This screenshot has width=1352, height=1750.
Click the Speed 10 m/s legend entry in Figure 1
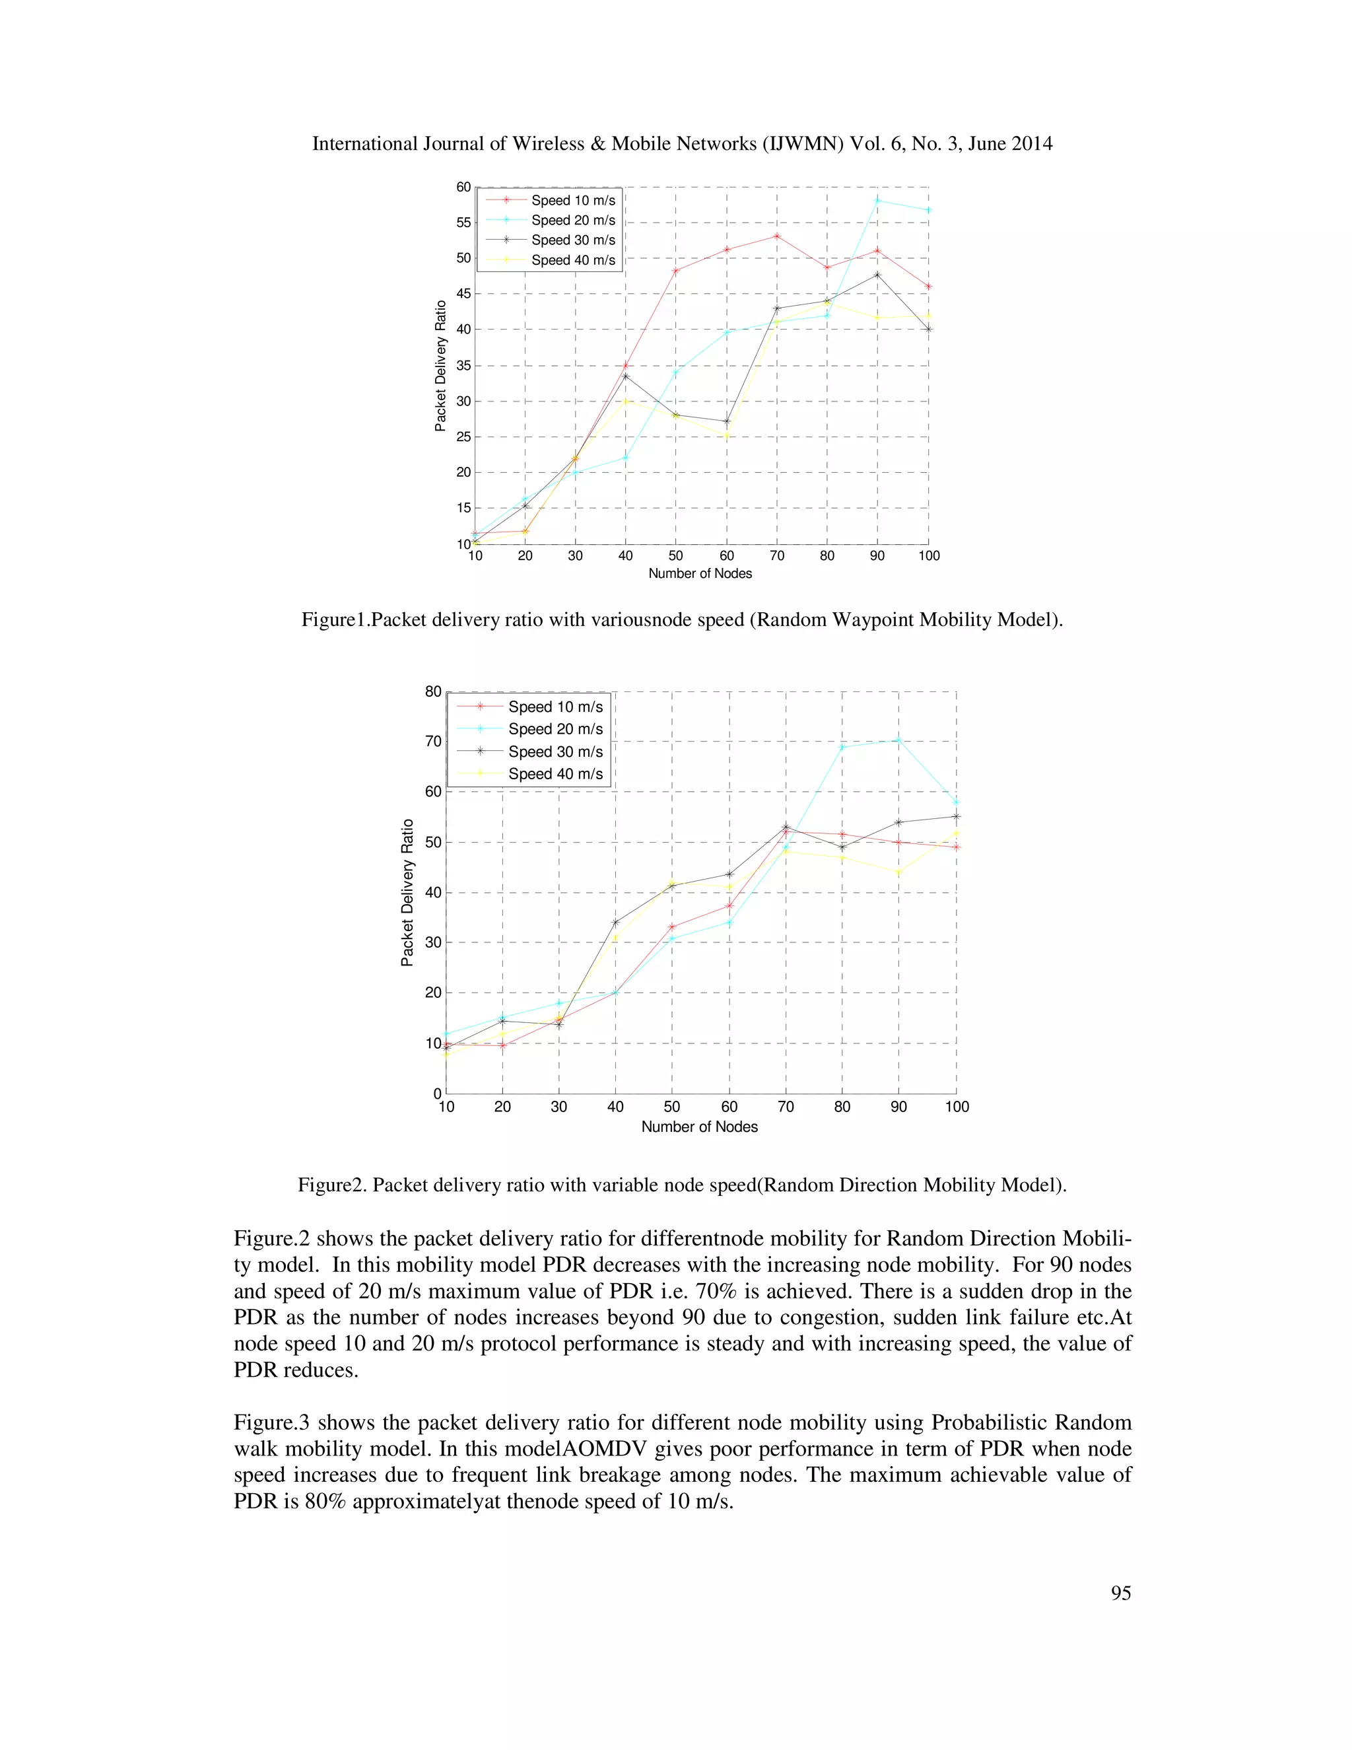click(x=572, y=200)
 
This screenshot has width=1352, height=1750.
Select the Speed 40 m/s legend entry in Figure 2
click(x=555, y=774)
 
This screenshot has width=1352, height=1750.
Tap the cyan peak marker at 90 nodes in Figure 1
click(x=878, y=200)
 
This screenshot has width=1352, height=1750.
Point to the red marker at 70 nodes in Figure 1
click(x=777, y=236)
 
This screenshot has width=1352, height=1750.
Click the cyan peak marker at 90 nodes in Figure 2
click(x=898, y=740)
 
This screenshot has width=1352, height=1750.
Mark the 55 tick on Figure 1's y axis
click(x=463, y=223)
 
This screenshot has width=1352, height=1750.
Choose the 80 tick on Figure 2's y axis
click(x=433, y=691)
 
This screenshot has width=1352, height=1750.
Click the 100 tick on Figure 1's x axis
click(x=928, y=556)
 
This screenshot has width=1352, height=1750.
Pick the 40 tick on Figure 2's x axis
click(x=615, y=1107)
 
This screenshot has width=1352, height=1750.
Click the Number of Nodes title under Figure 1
click(x=699, y=574)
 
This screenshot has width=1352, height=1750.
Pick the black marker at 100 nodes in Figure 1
click(x=928, y=330)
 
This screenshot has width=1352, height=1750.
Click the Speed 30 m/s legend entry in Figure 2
click(x=555, y=752)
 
